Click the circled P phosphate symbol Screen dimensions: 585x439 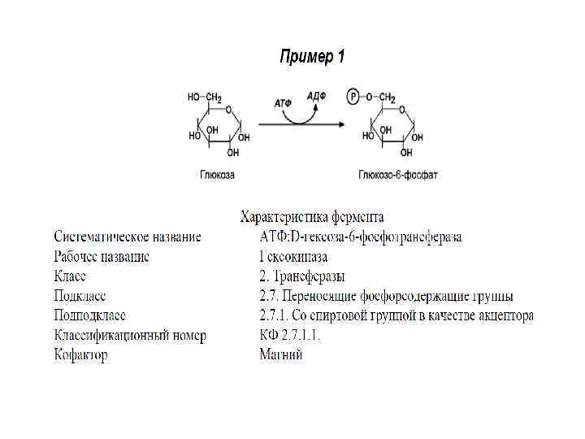(352, 97)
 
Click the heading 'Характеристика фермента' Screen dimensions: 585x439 (312, 218)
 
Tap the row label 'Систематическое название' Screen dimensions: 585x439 (128, 237)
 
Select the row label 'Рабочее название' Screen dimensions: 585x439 (102, 257)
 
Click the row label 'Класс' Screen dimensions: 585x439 (71, 276)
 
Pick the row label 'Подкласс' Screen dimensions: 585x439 (80, 296)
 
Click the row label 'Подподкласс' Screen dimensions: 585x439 (89, 315)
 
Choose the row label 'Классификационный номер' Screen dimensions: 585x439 (130, 335)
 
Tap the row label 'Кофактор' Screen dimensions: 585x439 (80, 354)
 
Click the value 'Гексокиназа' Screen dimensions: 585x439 (293, 257)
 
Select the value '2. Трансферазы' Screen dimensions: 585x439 (301, 276)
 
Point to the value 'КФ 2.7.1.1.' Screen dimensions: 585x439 (290, 335)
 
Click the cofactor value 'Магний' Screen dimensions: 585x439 (281, 354)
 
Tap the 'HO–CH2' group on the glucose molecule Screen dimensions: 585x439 (205, 98)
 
